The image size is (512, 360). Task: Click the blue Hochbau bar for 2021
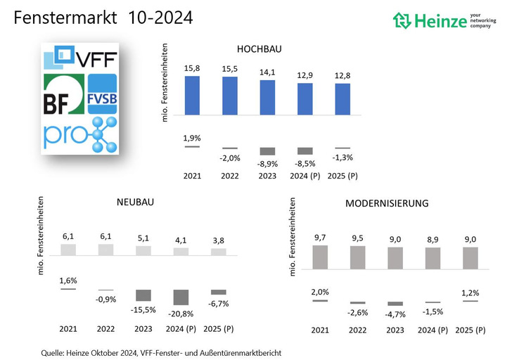[191, 95]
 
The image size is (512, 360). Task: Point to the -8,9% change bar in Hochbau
[267, 151]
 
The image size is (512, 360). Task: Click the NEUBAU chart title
[136, 202]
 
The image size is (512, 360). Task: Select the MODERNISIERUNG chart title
[386, 203]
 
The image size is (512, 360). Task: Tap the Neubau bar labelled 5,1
[143, 250]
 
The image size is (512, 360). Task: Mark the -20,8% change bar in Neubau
[181, 297]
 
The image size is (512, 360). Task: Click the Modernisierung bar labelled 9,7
[319, 257]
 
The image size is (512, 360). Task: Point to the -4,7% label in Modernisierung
[395, 314]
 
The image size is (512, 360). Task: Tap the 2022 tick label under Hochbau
[229, 174]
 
